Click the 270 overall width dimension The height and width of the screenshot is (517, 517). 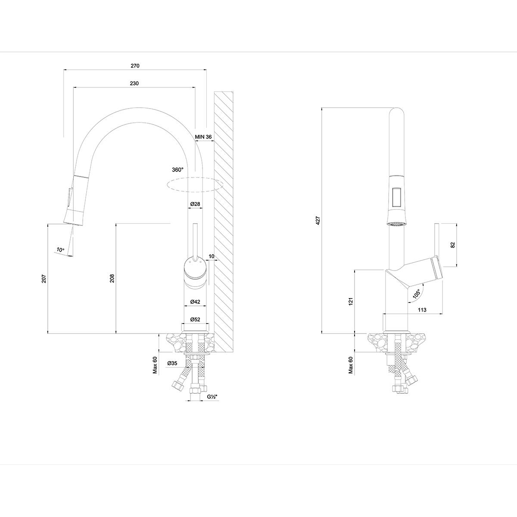[x=135, y=66]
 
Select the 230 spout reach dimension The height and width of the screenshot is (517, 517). [x=134, y=84]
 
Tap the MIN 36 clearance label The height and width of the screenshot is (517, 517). [x=203, y=137]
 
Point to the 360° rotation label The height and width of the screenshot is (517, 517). [x=178, y=170]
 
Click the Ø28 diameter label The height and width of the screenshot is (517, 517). [x=195, y=204]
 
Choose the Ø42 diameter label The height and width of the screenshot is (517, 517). [x=195, y=302]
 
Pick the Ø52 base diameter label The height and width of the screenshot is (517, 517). [x=195, y=319]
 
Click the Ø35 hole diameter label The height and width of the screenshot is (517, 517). [x=173, y=363]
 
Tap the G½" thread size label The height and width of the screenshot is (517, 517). [x=211, y=396]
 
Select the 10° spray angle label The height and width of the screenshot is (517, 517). [x=60, y=249]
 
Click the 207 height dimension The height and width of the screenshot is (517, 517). [x=44, y=278]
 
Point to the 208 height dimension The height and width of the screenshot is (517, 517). [x=112, y=278]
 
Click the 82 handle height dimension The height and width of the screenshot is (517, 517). [x=452, y=245]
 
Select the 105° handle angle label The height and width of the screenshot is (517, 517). [x=416, y=294]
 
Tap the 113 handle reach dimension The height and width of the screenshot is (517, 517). [x=422, y=310]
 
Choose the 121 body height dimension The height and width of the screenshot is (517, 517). [x=351, y=302]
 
